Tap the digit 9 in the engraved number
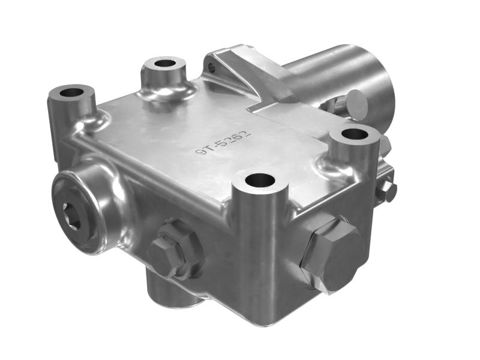point(200,151)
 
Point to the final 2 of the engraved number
point(247,134)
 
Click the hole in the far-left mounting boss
point(72,92)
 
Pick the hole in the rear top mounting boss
point(166,64)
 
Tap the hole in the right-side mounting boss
point(354,134)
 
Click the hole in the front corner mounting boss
point(260,179)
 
